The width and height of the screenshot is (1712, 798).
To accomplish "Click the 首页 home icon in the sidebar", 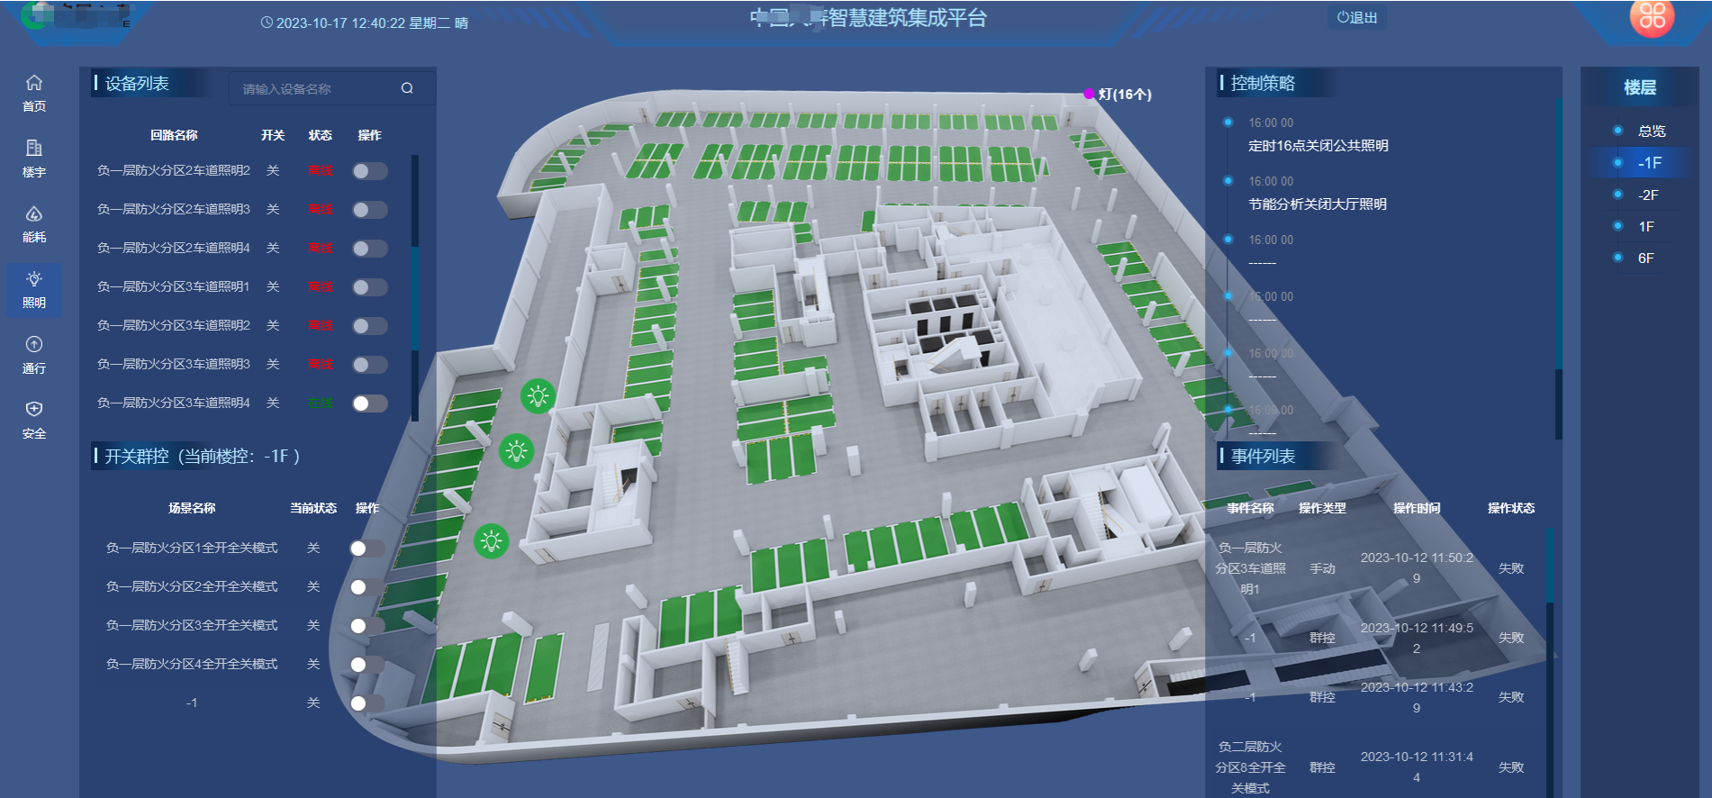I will point(34,83).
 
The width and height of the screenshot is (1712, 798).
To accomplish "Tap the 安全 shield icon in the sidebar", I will point(34,410).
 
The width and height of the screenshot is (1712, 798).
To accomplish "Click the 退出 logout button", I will point(1357,17).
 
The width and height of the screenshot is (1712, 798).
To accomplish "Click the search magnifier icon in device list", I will point(407,88).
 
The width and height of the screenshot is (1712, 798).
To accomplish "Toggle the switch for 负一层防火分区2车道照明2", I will point(369,171).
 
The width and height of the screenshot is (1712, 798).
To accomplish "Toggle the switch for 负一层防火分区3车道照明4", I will point(369,404).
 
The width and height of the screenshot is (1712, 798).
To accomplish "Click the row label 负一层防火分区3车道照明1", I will point(174,286).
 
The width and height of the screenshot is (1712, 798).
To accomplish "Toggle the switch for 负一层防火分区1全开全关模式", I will point(366,549).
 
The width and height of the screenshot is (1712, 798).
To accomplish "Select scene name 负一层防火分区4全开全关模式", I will point(192,664).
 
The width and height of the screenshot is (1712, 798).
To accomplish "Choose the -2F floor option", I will point(1648,195).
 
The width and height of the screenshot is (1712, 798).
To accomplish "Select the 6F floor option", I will point(1646,258).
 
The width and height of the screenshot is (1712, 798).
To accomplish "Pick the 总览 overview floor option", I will point(1652,131).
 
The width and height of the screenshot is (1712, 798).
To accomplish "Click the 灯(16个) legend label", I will point(1124,94).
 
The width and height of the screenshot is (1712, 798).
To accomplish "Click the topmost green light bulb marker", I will point(538,395).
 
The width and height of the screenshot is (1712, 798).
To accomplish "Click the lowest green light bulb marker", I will point(491,541).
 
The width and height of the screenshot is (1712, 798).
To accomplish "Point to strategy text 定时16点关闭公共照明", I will point(1318,145).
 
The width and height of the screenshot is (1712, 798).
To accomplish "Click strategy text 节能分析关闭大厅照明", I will point(1318,204).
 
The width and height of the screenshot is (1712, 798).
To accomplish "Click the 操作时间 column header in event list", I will point(1417,508).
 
